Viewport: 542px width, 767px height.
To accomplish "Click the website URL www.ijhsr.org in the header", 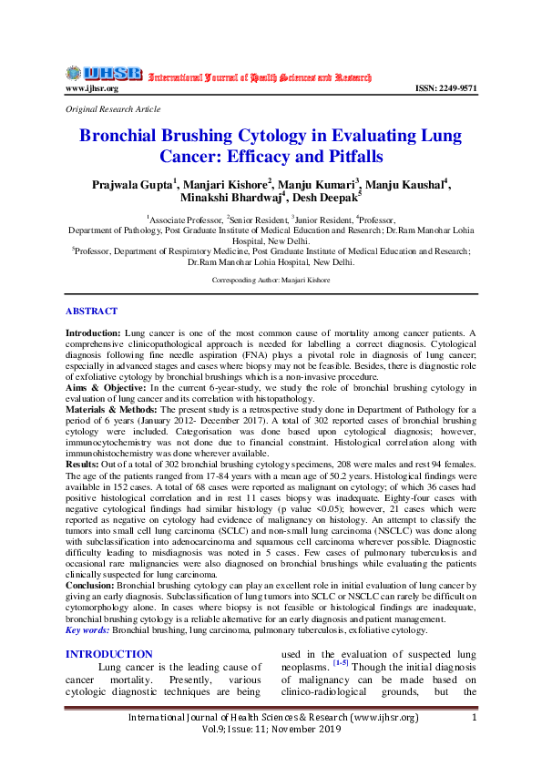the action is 92,88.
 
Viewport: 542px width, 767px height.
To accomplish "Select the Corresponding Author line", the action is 270,281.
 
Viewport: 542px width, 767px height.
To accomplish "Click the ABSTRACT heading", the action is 91,311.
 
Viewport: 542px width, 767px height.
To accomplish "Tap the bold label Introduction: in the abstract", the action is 93,335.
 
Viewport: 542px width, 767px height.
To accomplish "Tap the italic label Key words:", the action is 87,629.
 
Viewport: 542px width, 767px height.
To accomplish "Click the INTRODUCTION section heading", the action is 108,654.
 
